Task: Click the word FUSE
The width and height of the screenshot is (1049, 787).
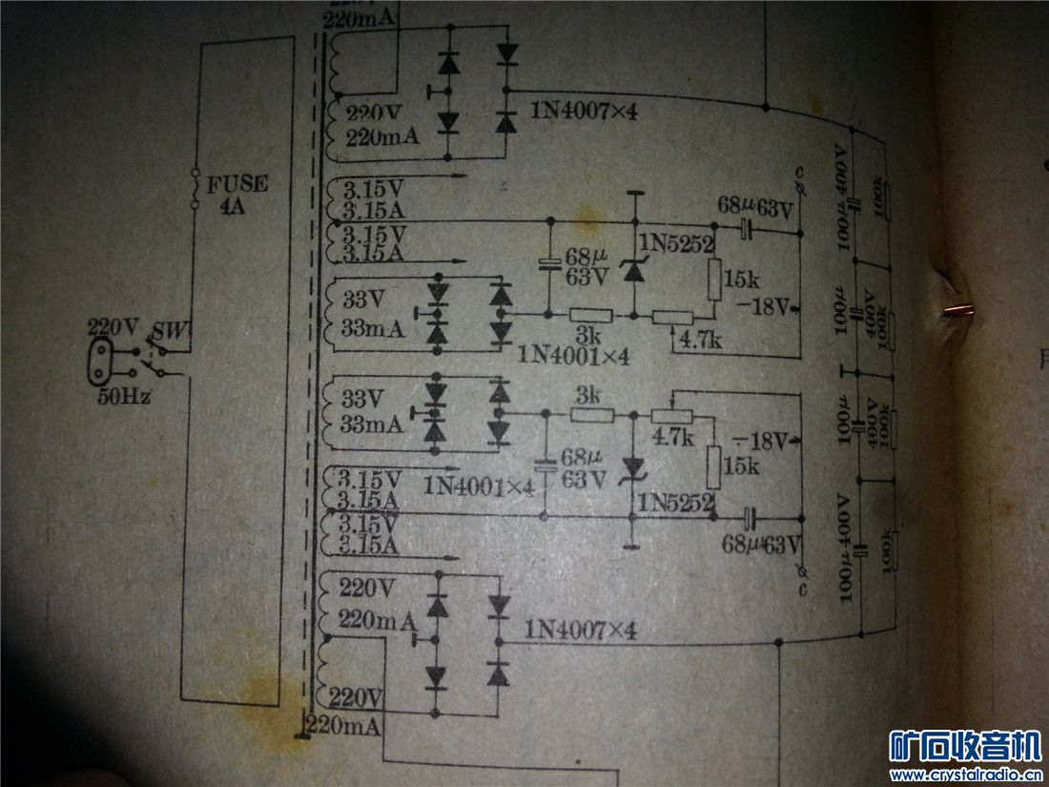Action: [x=234, y=184]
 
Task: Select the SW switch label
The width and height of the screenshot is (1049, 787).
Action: [x=174, y=331]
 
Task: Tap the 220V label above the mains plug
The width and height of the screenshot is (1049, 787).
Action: [x=113, y=327]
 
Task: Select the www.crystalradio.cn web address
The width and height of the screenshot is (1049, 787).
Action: [x=964, y=774]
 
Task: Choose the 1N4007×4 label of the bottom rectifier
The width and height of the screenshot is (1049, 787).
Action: [x=580, y=631]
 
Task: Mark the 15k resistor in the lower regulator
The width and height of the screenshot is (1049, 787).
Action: [x=713, y=466]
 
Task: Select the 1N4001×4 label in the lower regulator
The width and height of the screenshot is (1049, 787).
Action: [x=480, y=487]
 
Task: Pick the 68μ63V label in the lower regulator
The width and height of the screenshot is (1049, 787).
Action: [x=761, y=545]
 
